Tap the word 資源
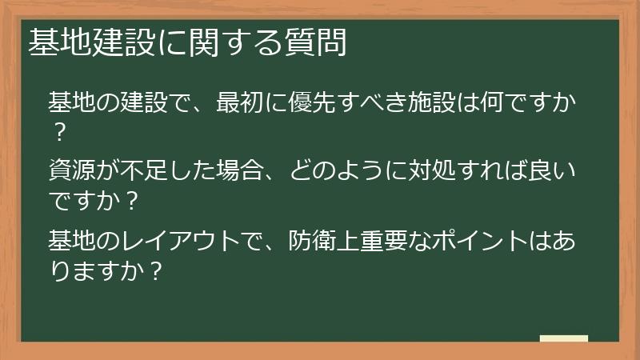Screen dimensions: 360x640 coord(70,171)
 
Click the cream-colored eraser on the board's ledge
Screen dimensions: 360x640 coord(564,338)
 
